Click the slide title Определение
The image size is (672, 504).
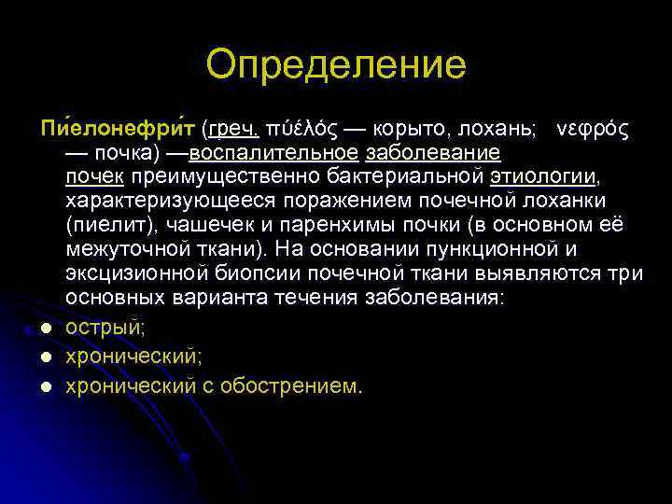(x=336, y=65)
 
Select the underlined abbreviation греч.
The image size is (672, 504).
(x=233, y=128)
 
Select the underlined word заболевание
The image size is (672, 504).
(x=434, y=152)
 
